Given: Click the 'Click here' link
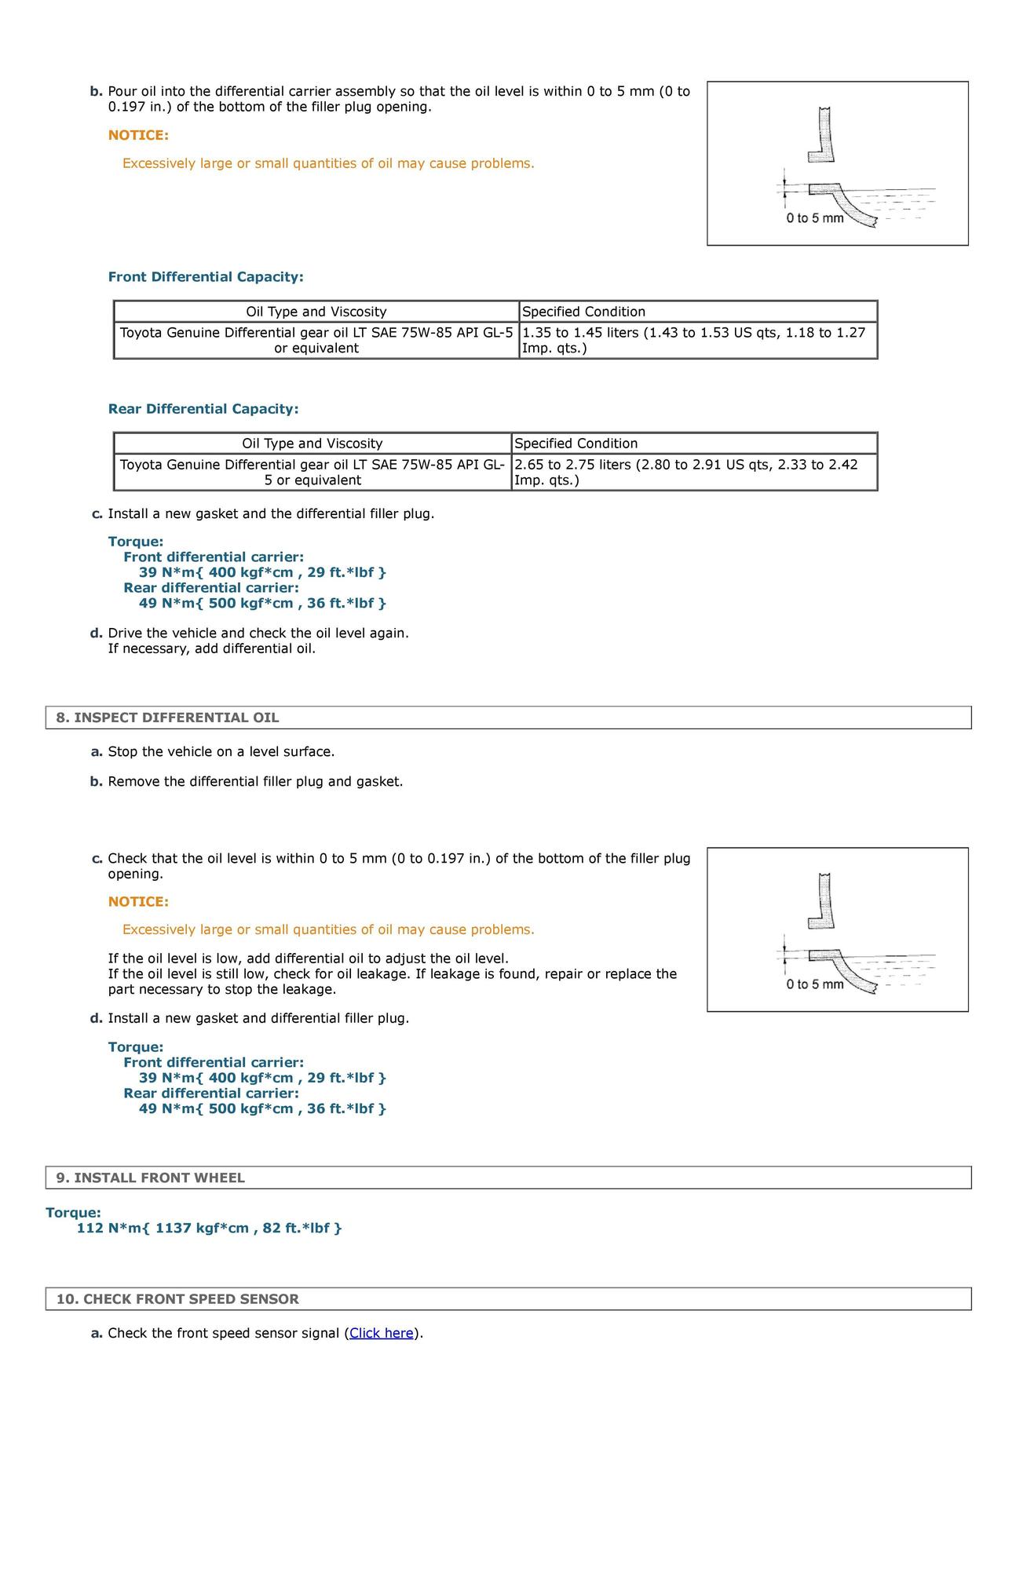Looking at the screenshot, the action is [x=382, y=1332].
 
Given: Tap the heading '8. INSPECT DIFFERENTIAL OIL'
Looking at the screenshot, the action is [x=167, y=717].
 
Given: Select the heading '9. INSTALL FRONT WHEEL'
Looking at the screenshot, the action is [x=151, y=1177].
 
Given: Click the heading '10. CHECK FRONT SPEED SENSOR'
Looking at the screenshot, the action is [x=177, y=1298].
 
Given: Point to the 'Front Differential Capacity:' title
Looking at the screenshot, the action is [x=206, y=277].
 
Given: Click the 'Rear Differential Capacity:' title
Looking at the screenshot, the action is [x=203, y=409].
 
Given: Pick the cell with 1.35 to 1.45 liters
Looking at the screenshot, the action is [x=698, y=340].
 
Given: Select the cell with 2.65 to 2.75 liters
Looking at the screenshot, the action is [x=694, y=472].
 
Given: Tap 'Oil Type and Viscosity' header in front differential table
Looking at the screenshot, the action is [x=316, y=312].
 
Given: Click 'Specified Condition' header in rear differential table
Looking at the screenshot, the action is [x=694, y=444].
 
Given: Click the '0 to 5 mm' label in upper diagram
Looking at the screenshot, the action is [x=815, y=218].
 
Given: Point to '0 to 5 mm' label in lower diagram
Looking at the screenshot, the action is [x=815, y=984].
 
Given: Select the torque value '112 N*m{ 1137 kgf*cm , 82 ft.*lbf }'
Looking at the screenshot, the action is [x=210, y=1228].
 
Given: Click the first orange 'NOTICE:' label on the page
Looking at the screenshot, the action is [x=138, y=135].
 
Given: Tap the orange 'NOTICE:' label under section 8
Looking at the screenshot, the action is [x=138, y=901].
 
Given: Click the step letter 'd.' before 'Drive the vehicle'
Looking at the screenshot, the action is [x=97, y=633].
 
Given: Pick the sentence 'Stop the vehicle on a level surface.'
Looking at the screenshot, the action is [x=221, y=751].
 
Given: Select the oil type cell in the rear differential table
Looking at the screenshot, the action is [x=312, y=472].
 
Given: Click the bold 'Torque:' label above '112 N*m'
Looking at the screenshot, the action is [x=73, y=1213].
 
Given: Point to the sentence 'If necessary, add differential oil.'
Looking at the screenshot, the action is [x=212, y=648].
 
